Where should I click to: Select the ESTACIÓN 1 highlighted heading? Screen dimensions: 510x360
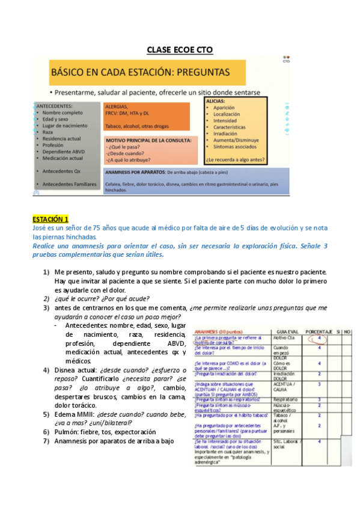(x=51, y=218)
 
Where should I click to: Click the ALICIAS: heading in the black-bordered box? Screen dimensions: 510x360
(x=215, y=102)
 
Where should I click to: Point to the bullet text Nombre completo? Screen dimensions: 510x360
(x=63, y=113)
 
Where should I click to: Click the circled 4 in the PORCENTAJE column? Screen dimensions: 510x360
(x=319, y=339)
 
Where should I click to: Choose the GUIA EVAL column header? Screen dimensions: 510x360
(x=285, y=332)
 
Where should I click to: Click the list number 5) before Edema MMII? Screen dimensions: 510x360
(x=46, y=414)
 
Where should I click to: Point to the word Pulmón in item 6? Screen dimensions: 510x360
(x=66, y=432)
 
